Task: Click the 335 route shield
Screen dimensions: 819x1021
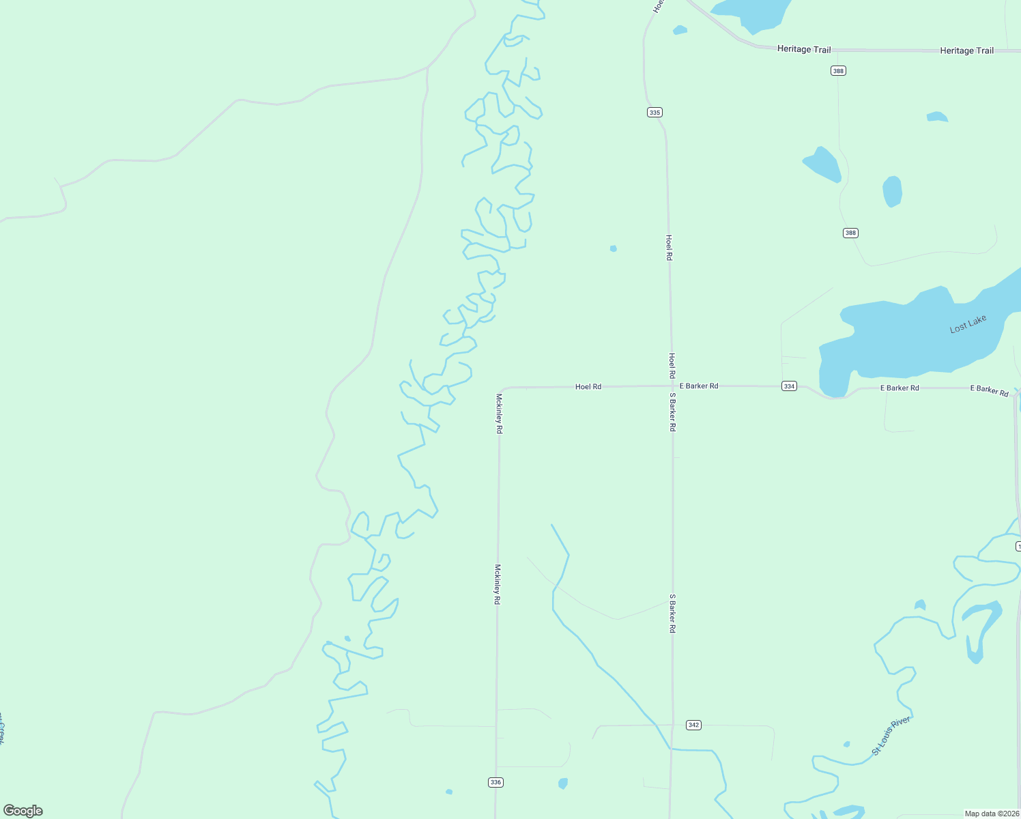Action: [655, 113]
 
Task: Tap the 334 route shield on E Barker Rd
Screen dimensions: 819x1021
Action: [789, 386]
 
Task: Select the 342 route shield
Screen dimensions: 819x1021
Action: [693, 725]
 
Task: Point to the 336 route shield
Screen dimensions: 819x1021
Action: [496, 782]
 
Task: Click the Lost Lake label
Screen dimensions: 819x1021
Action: [968, 324]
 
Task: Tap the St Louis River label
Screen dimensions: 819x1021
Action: [891, 736]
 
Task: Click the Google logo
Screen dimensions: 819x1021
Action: [23, 811]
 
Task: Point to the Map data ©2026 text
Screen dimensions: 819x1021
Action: [992, 814]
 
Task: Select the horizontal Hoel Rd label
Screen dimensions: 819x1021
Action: [588, 387]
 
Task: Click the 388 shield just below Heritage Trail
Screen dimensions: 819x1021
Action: [838, 71]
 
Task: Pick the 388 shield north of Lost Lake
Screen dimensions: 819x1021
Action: [850, 233]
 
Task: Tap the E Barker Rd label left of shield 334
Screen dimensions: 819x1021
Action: [699, 386]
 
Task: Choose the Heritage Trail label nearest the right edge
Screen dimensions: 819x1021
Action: [966, 51]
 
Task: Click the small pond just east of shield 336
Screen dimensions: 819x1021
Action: [563, 784]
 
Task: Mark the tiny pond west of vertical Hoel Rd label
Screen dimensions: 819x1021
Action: [614, 248]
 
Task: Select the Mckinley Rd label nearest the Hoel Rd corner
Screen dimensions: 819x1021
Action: [499, 414]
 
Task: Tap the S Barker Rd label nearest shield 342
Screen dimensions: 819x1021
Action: [672, 614]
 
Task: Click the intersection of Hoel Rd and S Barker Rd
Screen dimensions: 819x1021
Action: [672, 386]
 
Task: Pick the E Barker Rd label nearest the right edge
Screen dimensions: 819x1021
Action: [990, 390]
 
